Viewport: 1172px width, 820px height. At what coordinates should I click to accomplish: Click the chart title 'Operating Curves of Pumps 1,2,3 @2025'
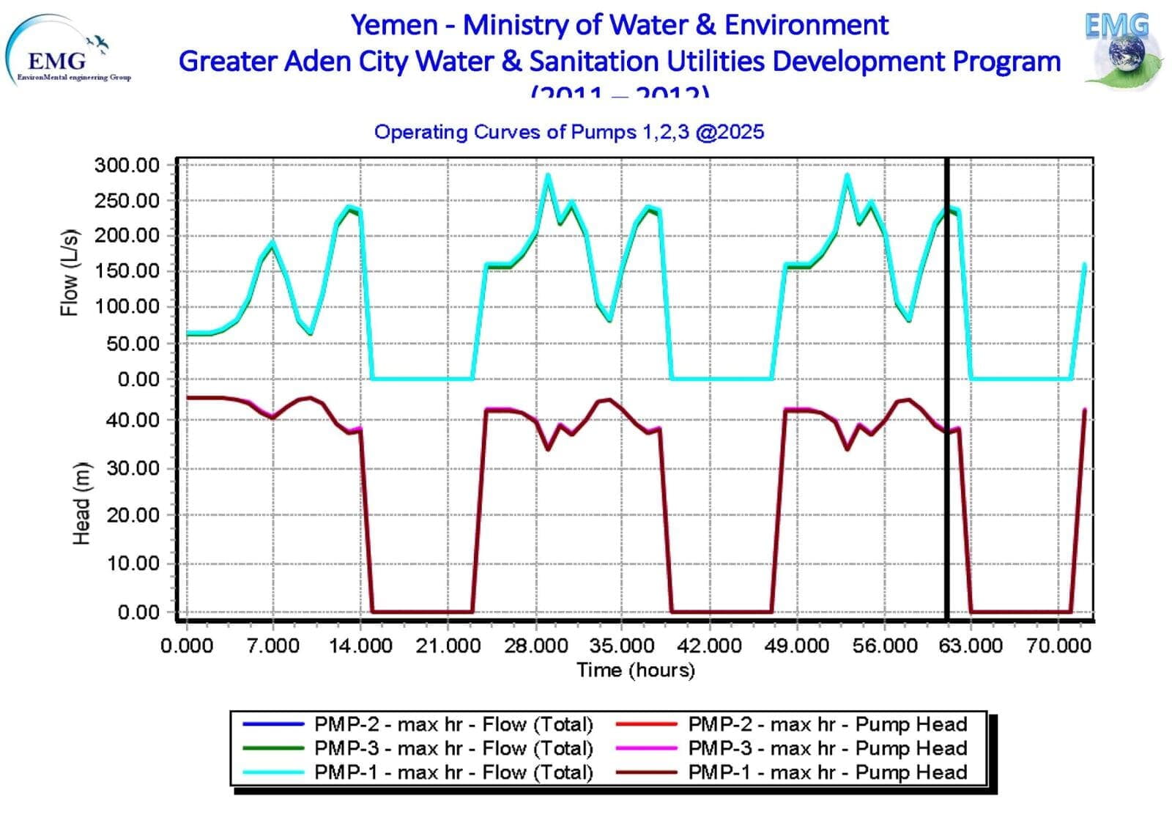point(568,132)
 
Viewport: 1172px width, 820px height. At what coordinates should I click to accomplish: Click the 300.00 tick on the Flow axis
point(127,166)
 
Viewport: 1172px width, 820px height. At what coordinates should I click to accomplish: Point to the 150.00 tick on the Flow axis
point(127,271)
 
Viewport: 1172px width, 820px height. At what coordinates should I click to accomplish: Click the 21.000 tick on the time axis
point(448,646)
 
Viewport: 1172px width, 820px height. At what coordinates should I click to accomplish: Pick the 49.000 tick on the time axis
point(797,646)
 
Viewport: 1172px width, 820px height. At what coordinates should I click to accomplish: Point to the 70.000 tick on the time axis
point(1059,646)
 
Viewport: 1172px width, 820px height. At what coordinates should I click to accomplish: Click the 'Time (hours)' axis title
point(635,670)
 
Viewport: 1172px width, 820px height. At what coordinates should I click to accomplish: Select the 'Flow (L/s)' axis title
point(69,273)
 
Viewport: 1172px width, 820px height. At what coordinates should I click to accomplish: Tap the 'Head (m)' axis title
point(81,504)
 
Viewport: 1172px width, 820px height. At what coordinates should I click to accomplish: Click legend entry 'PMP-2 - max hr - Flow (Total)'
point(453,725)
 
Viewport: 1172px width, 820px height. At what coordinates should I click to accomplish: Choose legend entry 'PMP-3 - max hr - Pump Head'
point(827,748)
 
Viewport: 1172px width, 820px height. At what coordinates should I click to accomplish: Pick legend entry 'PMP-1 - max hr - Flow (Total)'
point(453,772)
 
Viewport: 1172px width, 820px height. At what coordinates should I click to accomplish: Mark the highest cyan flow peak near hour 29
point(547,174)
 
